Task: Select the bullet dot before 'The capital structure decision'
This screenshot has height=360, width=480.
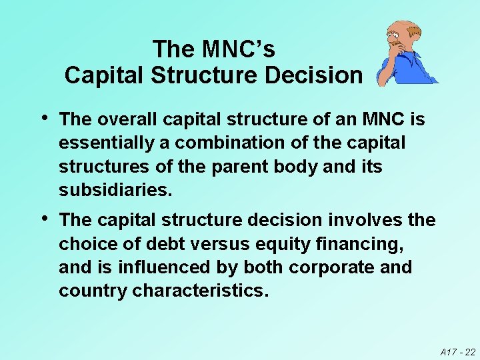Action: pyautogui.click(x=44, y=218)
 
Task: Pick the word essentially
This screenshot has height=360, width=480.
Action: pyautogui.click(x=109, y=143)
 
